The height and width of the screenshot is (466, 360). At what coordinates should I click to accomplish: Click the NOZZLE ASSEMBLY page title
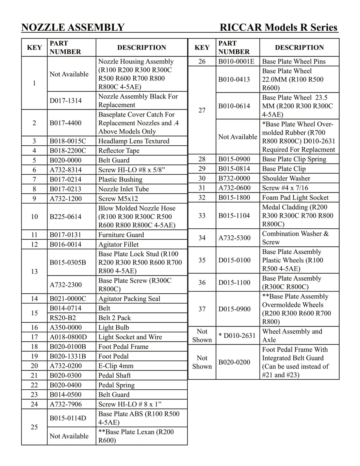point(73,27)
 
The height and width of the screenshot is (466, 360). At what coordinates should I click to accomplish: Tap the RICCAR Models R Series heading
point(278,27)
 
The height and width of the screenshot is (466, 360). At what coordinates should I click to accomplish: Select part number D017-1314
point(66,100)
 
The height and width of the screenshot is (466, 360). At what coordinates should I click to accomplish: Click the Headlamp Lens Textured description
point(134,141)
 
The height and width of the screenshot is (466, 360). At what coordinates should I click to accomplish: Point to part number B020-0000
point(66,160)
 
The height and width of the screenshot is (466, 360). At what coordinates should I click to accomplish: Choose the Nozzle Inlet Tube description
point(123,189)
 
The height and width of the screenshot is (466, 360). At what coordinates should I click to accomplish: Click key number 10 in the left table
point(34,217)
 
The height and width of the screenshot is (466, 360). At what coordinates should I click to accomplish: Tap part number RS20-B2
point(63,318)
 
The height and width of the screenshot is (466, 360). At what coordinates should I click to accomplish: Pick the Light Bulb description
point(114,327)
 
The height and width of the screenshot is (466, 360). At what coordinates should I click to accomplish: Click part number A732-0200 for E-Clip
point(66,366)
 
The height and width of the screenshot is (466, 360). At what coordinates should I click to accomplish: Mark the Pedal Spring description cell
point(117,385)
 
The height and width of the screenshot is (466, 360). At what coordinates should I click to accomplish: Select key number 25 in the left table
point(34,427)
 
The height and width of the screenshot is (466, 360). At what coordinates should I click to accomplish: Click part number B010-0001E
point(236,61)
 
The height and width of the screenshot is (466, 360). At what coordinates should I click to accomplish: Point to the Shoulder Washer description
point(286,178)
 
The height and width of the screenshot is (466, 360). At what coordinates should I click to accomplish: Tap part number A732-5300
point(234,238)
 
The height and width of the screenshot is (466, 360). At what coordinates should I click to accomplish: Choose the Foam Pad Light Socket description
point(295,197)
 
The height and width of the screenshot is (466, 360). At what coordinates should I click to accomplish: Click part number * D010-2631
point(237,336)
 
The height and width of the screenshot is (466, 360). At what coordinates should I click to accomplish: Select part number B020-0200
point(234,362)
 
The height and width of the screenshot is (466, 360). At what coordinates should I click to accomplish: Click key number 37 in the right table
point(202,309)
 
